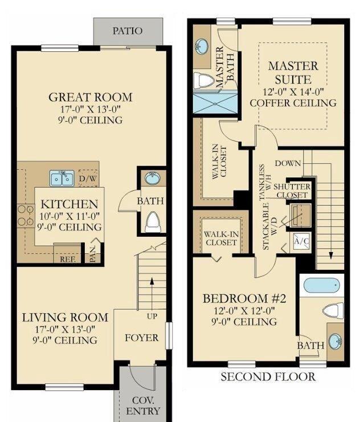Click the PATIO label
pos(128,31)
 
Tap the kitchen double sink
pos(62,178)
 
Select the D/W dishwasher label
pos(88,178)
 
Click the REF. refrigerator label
pos(67,259)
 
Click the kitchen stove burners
pos(26,216)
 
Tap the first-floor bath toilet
pos(153,221)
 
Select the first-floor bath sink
pos(153,178)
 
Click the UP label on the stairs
pos(152,316)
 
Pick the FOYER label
pos(141,338)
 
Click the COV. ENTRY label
pos(143,406)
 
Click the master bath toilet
pos(203,81)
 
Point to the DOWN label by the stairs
pos(288,163)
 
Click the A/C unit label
pos(302,241)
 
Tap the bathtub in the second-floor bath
pos(322,285)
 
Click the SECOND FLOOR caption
pos(268,377)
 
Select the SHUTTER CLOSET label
pos(292,191)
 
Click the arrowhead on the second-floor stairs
pos(331,255)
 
